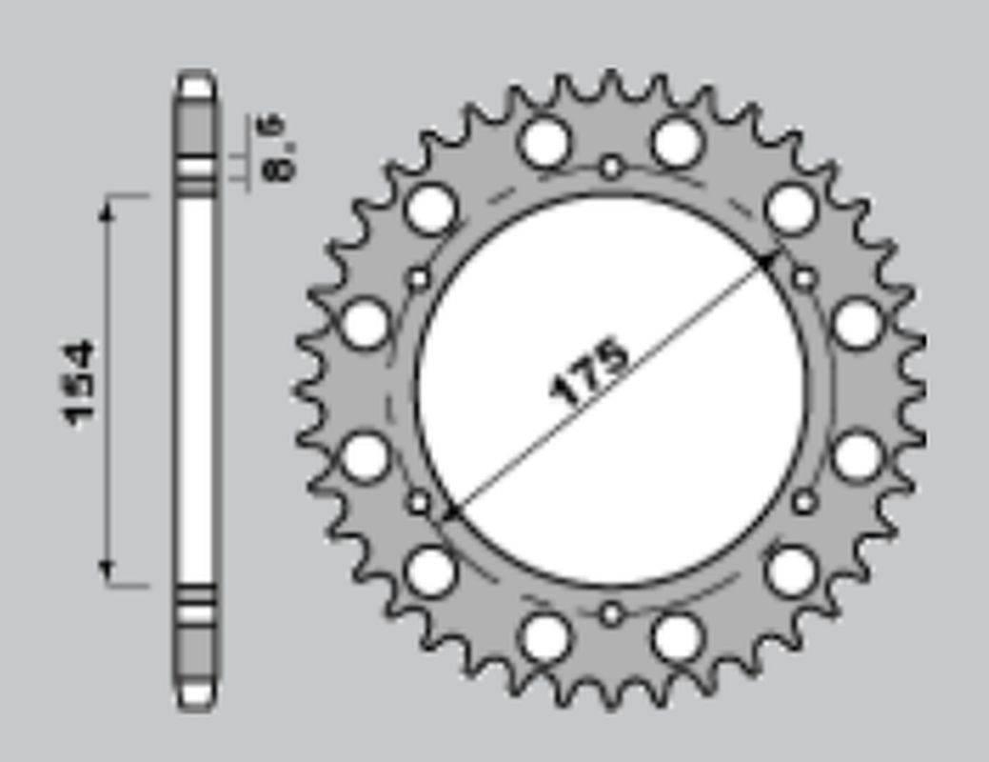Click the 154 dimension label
[80, 383]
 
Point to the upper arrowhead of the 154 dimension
[108, 209]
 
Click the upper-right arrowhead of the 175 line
[768, 259]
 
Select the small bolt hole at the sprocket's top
[611, 169]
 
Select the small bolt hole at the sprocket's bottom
[611, 613]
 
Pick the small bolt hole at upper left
[419, 279]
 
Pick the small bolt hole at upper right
[804, 279]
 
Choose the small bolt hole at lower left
[419, 502]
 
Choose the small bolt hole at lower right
[804, 502]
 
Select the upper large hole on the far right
[858, 324]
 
